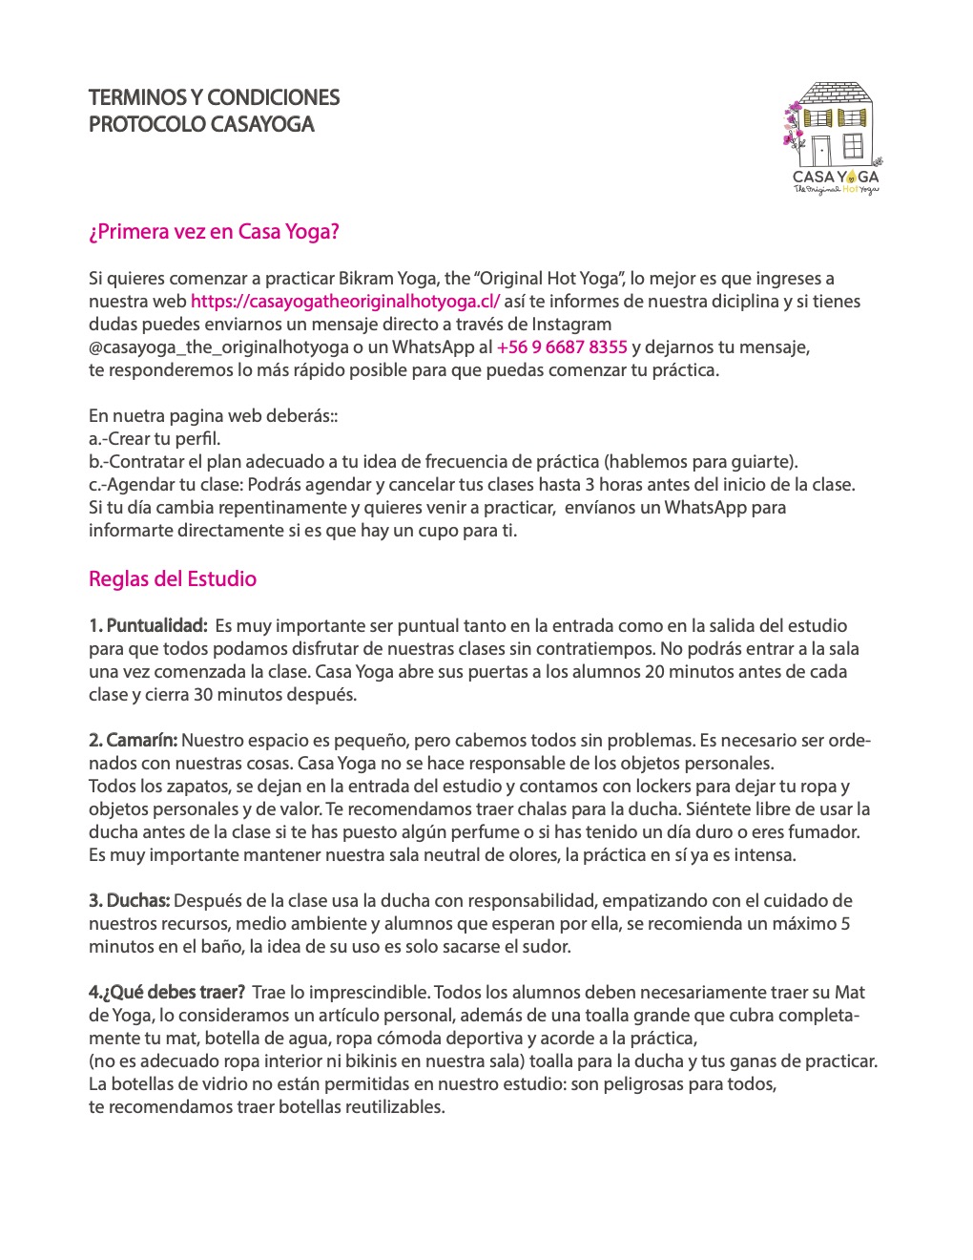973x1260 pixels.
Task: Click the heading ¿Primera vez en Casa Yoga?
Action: [214, 232]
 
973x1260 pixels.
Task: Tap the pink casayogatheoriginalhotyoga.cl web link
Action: [345, 302]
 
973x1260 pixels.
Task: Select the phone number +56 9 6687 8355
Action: [562, 347]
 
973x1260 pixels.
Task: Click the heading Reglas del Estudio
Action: [173, 579]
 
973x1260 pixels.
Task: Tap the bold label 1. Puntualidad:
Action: [148, 626]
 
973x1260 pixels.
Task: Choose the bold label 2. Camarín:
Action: [133, 741]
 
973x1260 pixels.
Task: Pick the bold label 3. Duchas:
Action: [130, 901]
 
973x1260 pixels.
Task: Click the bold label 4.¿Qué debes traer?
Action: [167, 993]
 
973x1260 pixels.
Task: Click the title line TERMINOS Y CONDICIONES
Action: [214, 97]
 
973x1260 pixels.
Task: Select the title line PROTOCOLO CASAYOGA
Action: [201, 124]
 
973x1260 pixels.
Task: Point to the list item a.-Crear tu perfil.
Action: [155, 439]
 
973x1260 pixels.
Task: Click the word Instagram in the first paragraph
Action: [571, 325]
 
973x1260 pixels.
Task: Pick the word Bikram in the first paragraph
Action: [365, 279]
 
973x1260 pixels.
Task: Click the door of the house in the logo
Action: [820, 150]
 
